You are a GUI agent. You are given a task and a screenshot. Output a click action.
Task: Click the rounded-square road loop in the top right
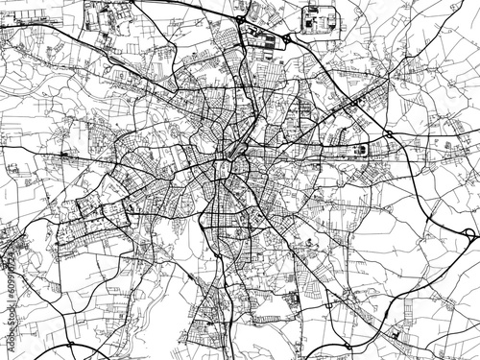click(x=318, y=18)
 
